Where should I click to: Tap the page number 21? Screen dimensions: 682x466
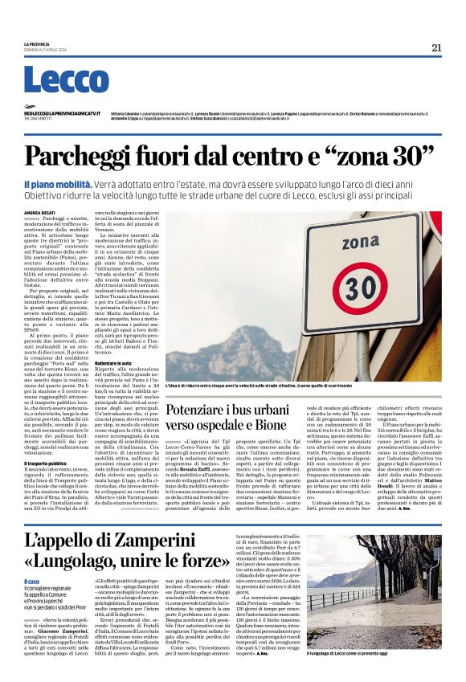click(x=436, y=47)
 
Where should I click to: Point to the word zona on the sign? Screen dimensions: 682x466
click(x=360, y=241)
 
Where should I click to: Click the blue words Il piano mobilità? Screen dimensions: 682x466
click(x=58, y=184)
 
